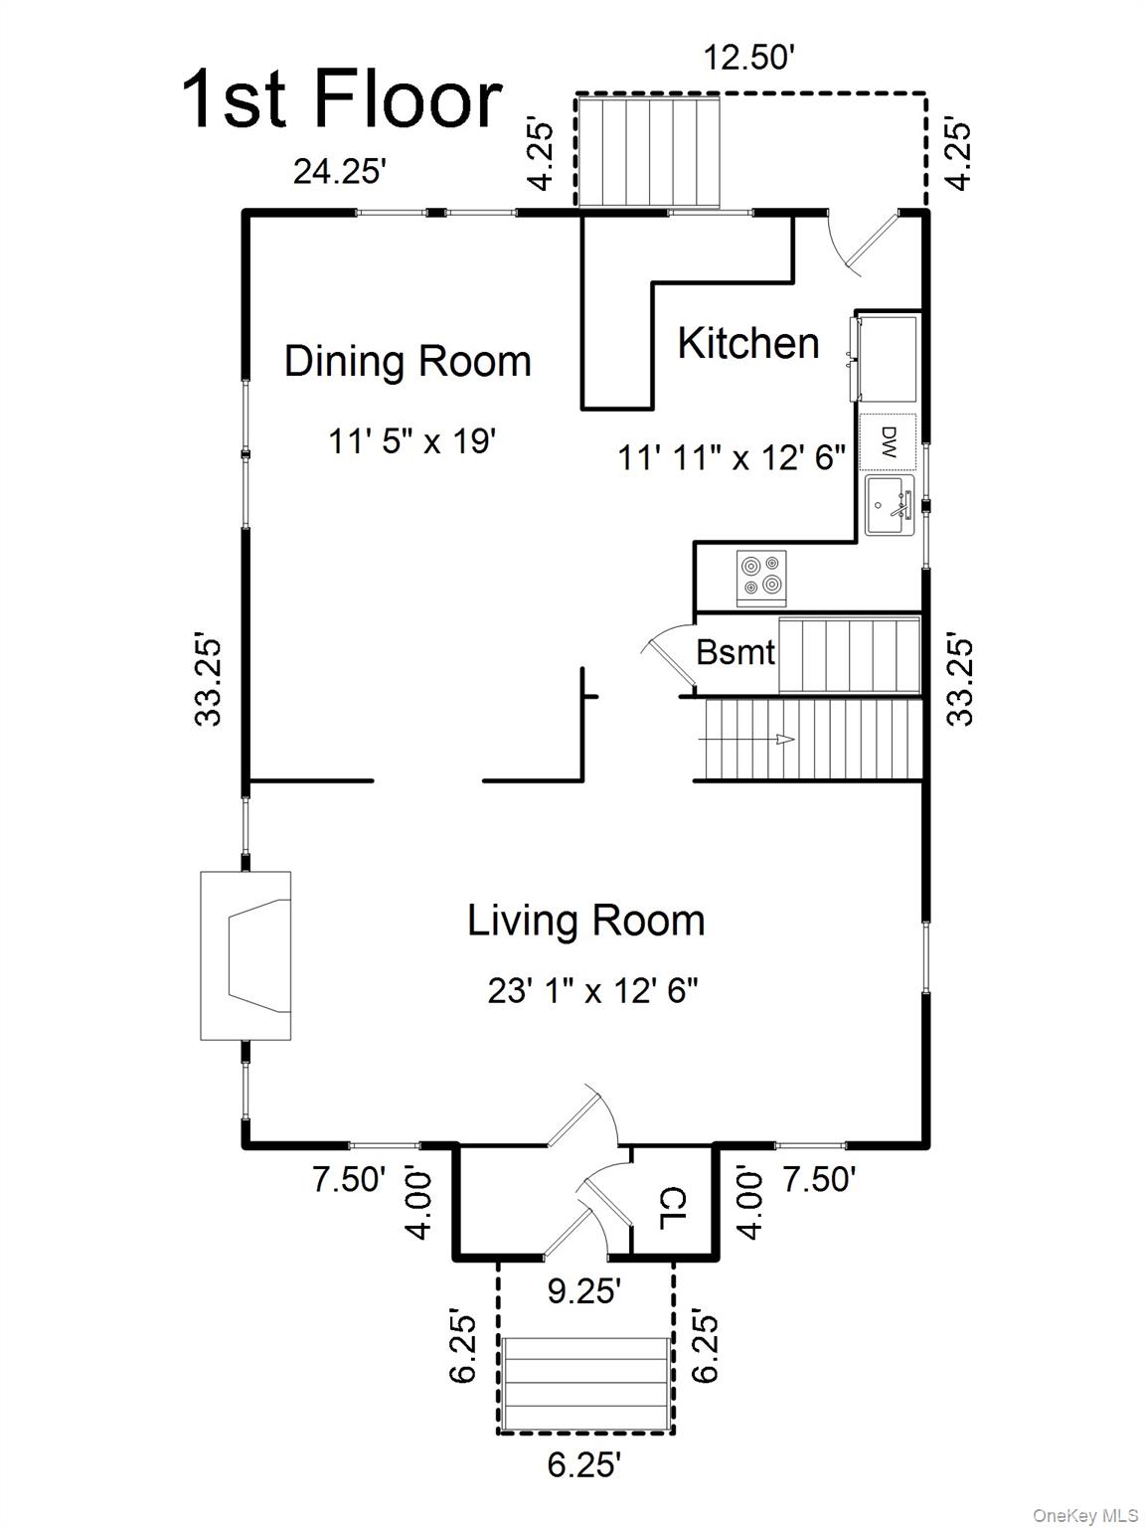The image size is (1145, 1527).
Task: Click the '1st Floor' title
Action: coord(342,98)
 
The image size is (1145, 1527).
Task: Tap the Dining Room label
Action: coord(409,361)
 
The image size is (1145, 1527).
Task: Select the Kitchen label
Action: coord(748,343)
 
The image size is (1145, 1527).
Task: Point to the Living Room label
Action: coord(586,921)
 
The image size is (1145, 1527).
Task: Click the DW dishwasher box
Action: coord(888,442)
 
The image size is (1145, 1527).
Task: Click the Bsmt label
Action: coord(736,652)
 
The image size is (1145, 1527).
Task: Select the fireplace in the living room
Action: coord(245,955)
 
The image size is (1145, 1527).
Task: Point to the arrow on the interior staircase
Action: coord(748,739)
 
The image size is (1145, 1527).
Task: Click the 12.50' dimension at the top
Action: coord(748,57)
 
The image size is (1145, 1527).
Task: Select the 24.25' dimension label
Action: coord(339,170)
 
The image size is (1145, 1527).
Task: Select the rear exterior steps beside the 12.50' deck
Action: coord(649,152)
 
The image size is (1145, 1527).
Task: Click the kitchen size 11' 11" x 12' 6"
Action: coord(732,457)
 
